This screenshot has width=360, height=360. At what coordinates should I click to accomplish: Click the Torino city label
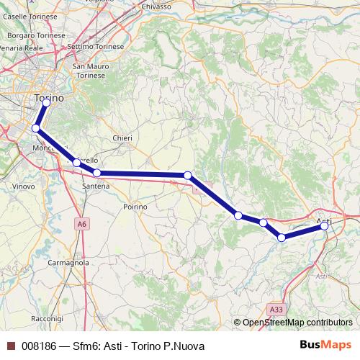[49, 97]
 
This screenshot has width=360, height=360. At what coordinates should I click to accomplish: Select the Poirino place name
[135, 206]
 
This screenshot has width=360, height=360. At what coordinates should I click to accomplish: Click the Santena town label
[96, 186]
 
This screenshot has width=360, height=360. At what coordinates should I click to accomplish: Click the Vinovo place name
[24, 186]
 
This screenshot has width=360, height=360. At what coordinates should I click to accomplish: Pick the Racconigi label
[48, 318]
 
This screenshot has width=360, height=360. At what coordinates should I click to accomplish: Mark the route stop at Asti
[325, 226]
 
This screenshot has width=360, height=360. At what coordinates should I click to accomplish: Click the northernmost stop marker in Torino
[46, 103]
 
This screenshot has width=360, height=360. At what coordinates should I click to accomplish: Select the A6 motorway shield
[83, 225]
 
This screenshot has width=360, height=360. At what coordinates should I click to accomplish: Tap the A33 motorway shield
[276, 309]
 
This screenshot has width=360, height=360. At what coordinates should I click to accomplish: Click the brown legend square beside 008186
[9, 346]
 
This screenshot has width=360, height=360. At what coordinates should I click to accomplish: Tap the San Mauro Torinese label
[91, 71]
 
